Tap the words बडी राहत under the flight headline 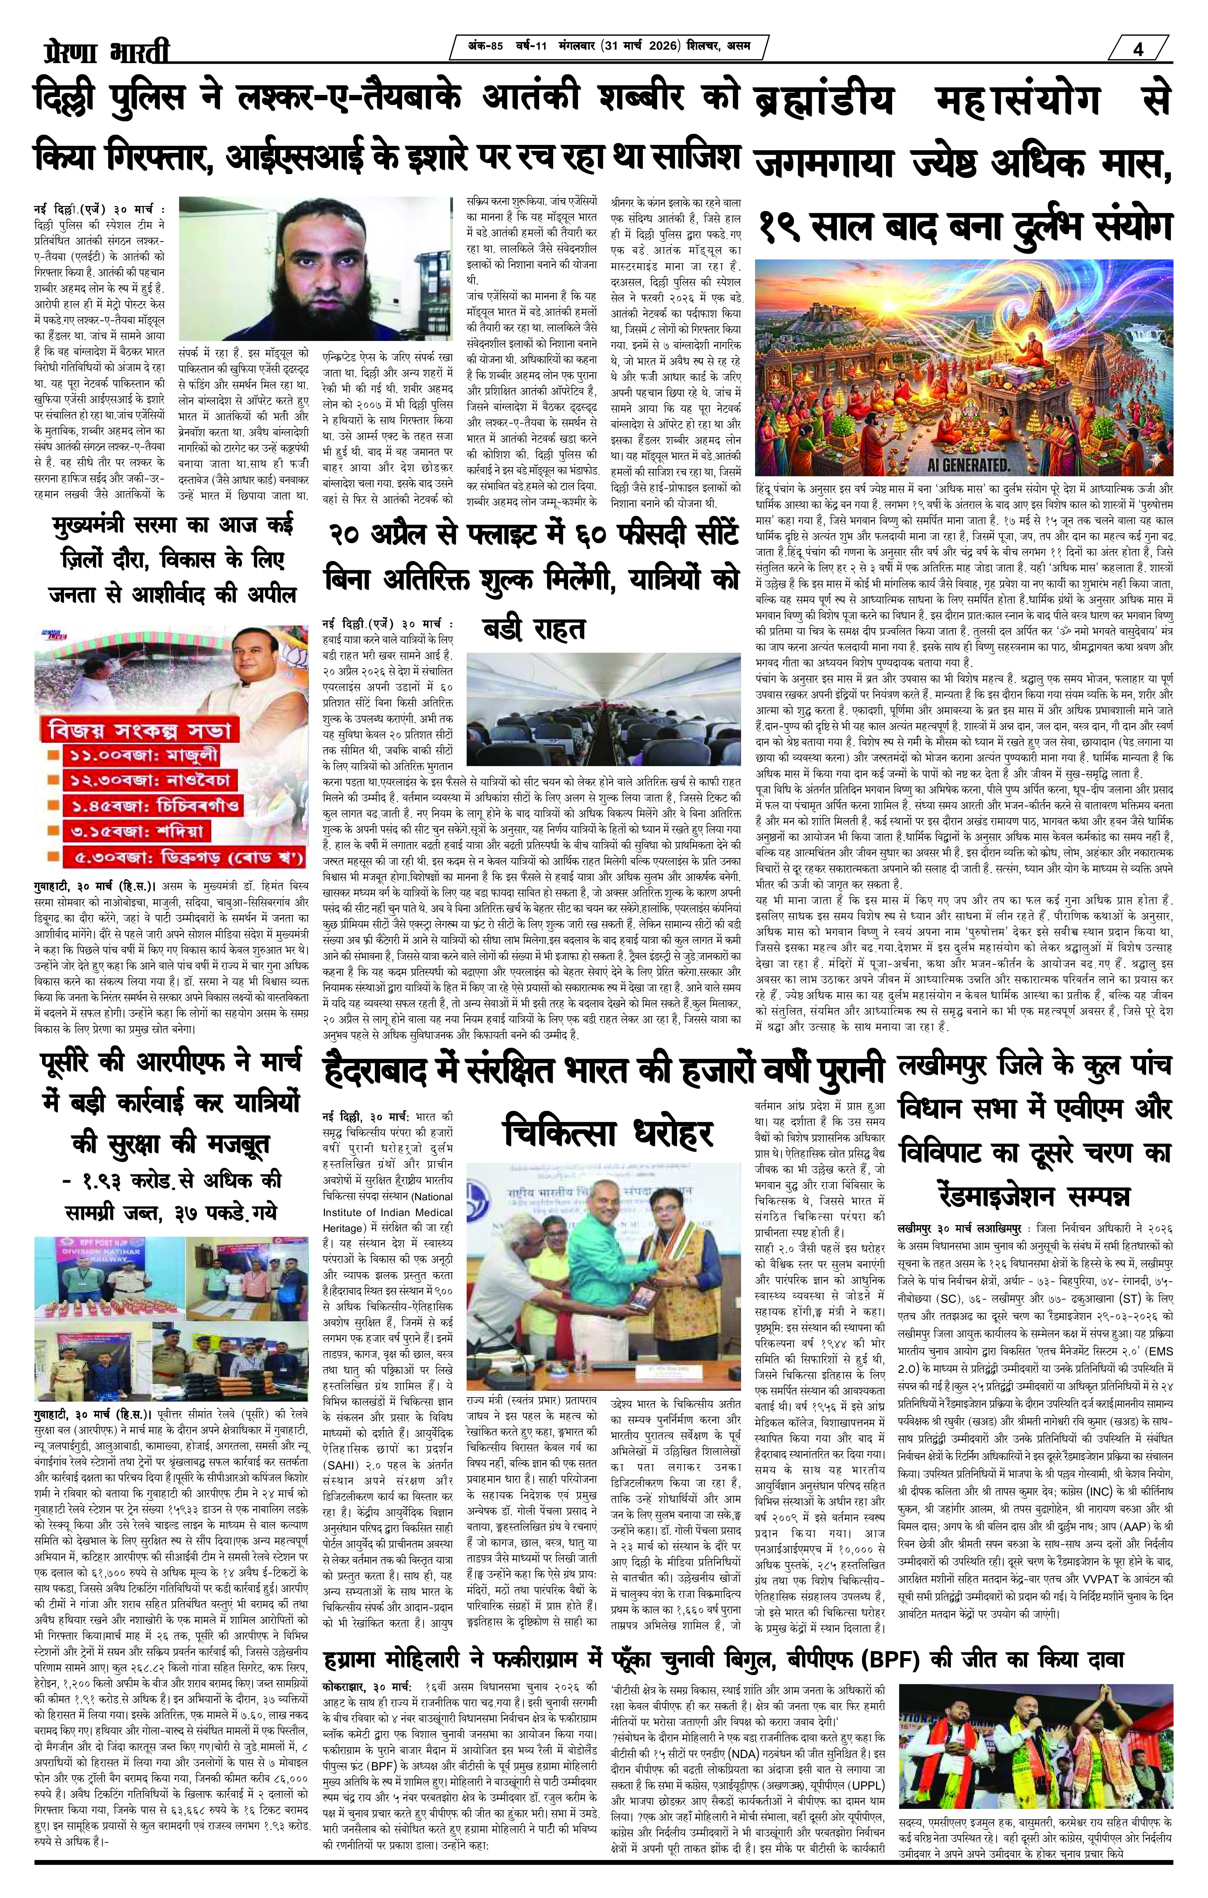point(533,628)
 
